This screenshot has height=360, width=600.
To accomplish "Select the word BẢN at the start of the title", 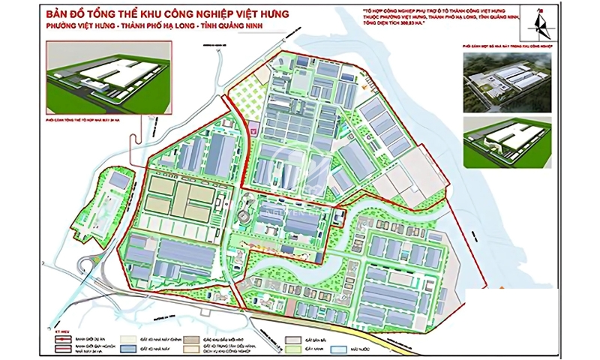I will pyautogui.click(x=56, y=13).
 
